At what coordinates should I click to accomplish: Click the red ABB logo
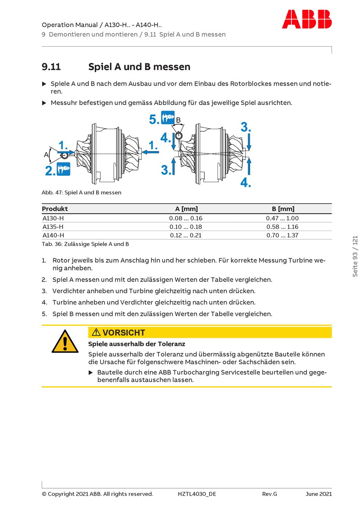[x=307, y=19]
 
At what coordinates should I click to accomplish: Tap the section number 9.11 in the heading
[x=51, y=67]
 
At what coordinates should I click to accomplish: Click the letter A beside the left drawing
[x=46, y=154]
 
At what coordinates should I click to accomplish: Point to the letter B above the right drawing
[x=178, y=120]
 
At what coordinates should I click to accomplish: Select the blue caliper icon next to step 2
[x=64, y=169]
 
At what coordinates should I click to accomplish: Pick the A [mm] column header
[x=186, y=209]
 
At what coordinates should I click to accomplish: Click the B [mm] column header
[x=283, y=209]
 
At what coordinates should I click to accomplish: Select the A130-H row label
[x=53, y=218]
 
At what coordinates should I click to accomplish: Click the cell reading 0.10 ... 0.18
[x=186, y=227]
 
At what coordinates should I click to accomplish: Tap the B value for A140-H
[x=282, y=235]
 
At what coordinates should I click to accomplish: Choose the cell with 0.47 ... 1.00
[x=282, y=218]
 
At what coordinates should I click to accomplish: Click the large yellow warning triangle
[x=65, y=342]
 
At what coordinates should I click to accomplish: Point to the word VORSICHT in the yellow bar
[x=124, y=332]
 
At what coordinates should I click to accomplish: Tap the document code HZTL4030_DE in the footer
[x=197, y=494]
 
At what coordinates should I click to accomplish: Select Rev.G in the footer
[x=269, y=494]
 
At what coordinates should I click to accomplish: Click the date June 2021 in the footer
[x=319, y=494]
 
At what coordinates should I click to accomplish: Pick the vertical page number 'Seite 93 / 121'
[x=355, y=256]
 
